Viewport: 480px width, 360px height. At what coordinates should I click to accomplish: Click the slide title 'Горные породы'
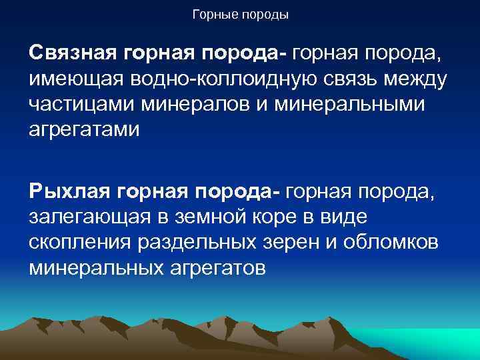coord(240,14)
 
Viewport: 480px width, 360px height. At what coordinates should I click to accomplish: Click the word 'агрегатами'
coord(85,129)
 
